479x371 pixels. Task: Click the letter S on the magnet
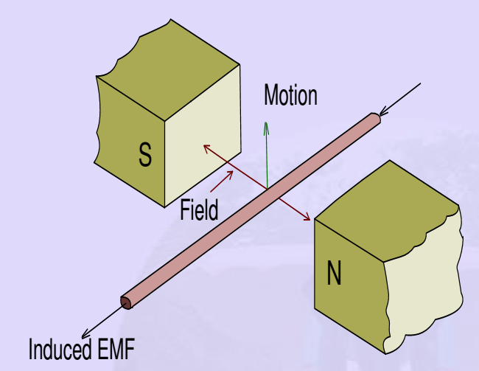[145, 155]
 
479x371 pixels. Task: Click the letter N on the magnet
[335, 275]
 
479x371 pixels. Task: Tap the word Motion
[290, 95]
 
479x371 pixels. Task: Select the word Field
[199, 210]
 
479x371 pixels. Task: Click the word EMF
[117, 349]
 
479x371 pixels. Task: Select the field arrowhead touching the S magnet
[207, 148]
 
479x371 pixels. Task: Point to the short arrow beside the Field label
[225, 179]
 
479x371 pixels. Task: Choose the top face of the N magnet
[383, 199]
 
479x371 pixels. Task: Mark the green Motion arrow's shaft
[267, 159]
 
